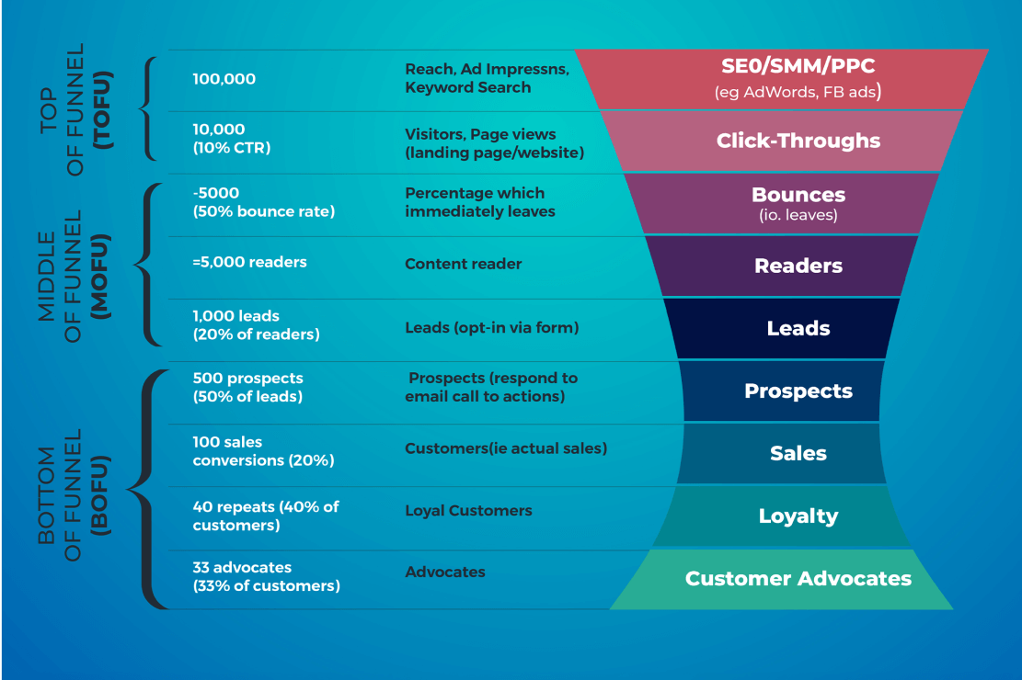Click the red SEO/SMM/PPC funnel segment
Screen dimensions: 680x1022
[798, 79]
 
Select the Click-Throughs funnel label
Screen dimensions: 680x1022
[798, 142]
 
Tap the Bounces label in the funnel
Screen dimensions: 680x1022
[798, 195]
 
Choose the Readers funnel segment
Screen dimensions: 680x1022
[798, 266]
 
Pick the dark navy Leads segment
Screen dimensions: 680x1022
[798, 329]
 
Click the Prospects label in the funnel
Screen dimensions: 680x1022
[798, 391]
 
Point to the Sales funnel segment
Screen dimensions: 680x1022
[798, 454]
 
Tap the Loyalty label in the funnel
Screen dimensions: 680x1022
[798, 516]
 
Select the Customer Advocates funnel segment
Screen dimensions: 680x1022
[798, 579]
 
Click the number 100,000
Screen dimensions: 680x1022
[224, 79]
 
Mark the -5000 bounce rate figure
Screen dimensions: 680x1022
[263, 202]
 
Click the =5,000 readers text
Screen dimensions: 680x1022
[249, 263]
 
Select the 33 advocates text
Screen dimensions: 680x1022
[266, 577]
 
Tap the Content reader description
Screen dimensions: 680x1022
[463, 265]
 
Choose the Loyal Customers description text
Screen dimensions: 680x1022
[468, 511]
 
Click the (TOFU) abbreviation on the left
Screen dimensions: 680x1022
[103, 109]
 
